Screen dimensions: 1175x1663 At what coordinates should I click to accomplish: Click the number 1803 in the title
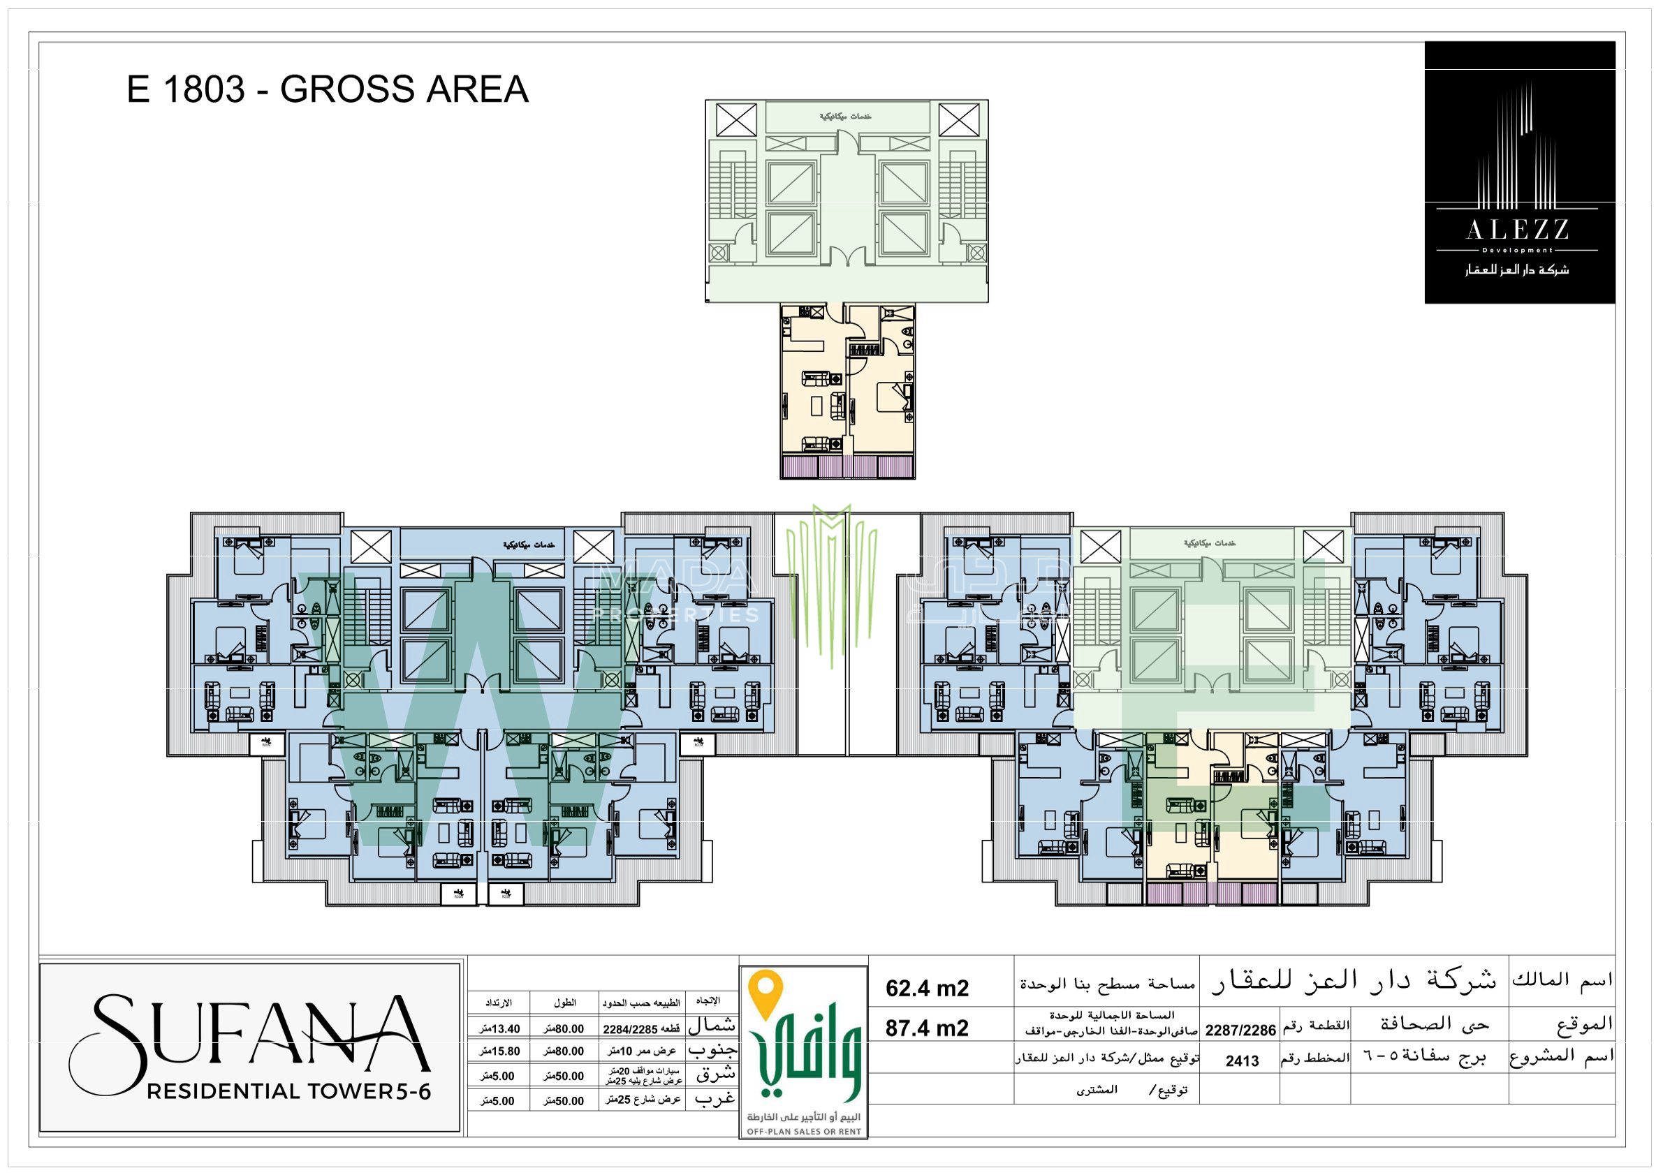pyautogui.click(x=204, y=90)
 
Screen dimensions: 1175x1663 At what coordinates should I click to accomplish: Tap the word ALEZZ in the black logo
pyautogui.click(x=1518, y=231)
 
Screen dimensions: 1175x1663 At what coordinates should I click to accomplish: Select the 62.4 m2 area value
pyautogui.click(x=926, y=988)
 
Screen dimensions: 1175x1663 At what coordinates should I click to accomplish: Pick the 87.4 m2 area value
pyautogui.click(x=926, y=1028)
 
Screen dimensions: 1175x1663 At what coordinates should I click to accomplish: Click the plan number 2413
pyautogui.click(x=1241, y=1061)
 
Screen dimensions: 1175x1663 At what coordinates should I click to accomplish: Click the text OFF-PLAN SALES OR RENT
pyautogui.click(x=804, y=1132)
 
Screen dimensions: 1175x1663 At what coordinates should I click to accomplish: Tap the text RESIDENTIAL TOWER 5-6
pyautogui.click(x=288, y=1091)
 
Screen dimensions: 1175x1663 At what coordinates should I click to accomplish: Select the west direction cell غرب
pyautogui.click(x=715, y=1099)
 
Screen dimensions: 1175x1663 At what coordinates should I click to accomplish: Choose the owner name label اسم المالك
pyautogui.click(x=1562, y=980)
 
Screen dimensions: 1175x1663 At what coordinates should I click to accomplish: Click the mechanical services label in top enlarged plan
pyautogui.click(x=845, y=117)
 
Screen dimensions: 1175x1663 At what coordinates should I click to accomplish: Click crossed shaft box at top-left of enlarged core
pyautogui.click(x=736, y=119)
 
